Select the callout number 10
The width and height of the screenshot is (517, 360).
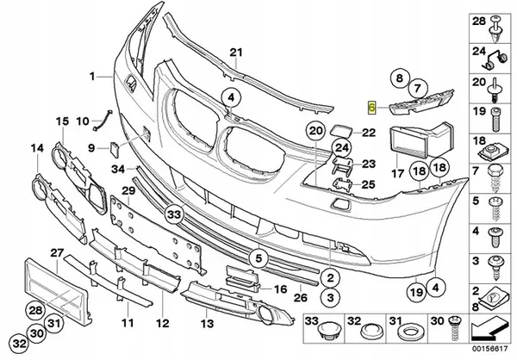tap(84, 120)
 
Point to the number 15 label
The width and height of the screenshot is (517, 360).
tap(61, 121)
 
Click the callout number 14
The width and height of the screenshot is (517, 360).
tap(37, 149)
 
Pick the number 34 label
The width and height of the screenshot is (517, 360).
tap(118, 169)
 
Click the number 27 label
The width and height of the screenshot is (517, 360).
tap(57, 252)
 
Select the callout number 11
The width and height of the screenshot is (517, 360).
tap(127, 323)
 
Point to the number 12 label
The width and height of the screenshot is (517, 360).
tap(161, 323)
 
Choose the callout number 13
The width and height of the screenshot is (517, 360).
tap(206, 323)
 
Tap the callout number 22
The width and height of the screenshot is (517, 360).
tap(369, 133)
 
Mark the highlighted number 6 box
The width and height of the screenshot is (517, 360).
tap(372, 109)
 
